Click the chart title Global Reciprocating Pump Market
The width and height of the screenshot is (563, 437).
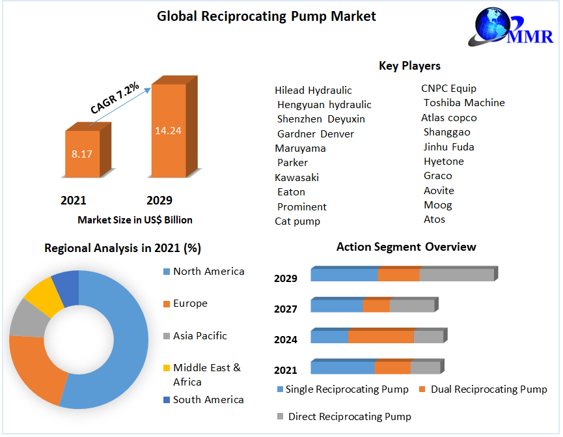click(266, 16)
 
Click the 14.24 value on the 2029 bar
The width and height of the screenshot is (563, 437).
click(167, 130)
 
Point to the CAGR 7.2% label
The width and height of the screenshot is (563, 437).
click(115, 98)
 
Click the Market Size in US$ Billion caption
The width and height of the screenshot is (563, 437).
click(135, 220)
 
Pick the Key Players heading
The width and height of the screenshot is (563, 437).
click(409, 66)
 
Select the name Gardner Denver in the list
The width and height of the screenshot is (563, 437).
click(316, 134)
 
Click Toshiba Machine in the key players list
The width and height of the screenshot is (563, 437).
click(464, 103)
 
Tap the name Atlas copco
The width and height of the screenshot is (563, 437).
click(449, 118)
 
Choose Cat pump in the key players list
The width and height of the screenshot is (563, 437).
click(297, 221)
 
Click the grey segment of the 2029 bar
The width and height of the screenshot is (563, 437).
click(456, 275)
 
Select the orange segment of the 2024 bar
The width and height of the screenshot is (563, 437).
click(381, 337)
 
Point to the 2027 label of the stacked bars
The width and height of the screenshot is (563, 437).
click(286, 309)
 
